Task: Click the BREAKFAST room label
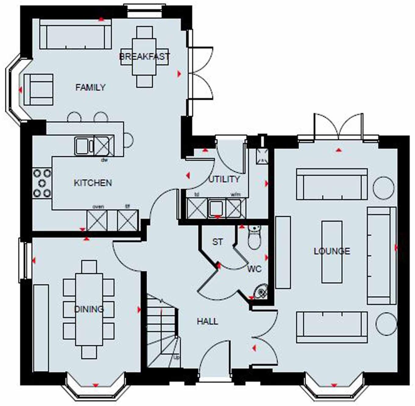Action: pos(144,57)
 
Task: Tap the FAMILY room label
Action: pos(90,87)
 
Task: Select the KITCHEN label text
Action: pos(93,183)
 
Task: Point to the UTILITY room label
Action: pos(224,179)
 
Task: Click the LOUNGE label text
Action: pos(332,251)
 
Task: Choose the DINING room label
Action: pos(89,309)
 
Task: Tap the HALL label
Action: pos(208,321)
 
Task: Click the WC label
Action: pos(254,269)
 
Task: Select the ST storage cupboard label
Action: pos(217,242)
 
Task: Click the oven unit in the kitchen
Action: pos(97,220)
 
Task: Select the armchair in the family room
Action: pos(38,89)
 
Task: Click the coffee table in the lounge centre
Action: pos(332,252)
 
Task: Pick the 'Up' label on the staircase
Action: pos(176,357)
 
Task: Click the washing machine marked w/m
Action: pos(235,209)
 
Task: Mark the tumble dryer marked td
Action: pos(197,209)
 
